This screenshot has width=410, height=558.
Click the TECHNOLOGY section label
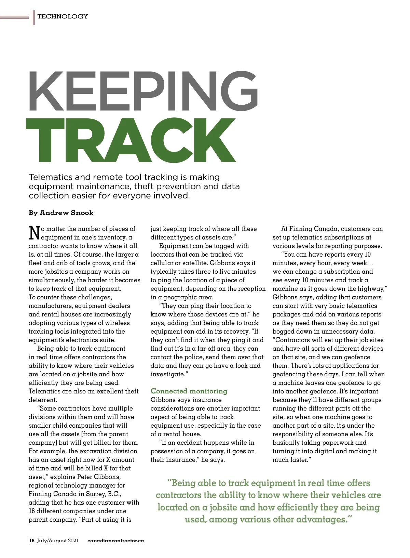[x=63, y=16]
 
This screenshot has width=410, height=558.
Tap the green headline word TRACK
[x=131, y=141]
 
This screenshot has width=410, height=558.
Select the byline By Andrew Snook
[x=61, y=213]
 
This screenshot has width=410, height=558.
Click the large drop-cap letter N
[x=34, y=233]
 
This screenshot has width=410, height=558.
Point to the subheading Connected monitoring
[x=189, y=391]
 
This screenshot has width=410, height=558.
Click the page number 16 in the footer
[x=32, y=541]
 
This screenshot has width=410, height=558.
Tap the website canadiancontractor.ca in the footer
[x=116, y=541]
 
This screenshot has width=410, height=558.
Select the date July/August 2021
[x=58, y=541]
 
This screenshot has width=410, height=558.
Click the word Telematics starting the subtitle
[x=51, y=177]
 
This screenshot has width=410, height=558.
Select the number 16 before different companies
[x=32, y=511]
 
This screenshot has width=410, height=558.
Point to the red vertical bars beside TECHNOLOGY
[x=33, y=17]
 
